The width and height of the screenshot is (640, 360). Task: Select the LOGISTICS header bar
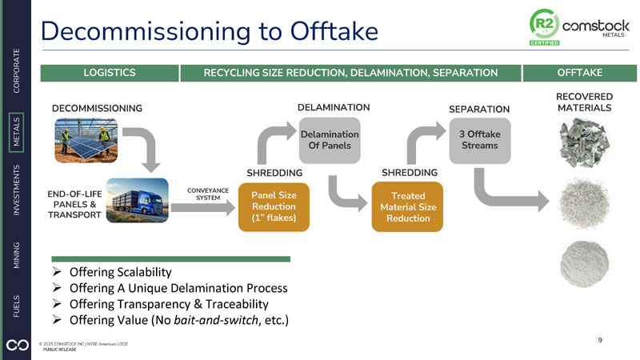109,73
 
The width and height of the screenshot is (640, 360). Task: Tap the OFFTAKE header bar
579,73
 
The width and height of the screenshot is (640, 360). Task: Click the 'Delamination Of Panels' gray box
330,140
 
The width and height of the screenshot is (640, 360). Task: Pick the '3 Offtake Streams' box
479,140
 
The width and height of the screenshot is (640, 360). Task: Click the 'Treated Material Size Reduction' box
407,206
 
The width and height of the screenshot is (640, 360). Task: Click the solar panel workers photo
87,141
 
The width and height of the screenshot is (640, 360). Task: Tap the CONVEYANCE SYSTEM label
207,194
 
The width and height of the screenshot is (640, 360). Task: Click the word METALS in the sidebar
17,133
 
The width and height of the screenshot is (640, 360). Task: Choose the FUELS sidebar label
17,306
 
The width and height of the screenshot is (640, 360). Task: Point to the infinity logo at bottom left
16,344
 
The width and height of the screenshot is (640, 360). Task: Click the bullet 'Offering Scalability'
120,271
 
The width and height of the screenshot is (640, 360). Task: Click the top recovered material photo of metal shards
583,142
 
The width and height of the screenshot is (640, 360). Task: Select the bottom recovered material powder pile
583,262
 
